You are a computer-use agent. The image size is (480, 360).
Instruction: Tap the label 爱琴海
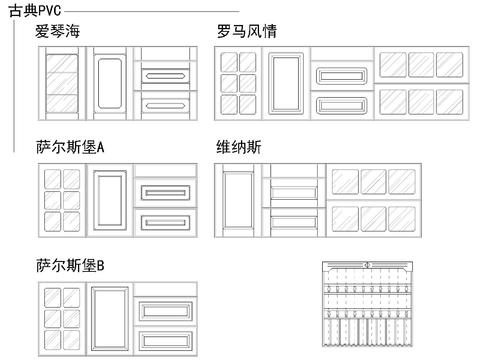[x=58, y=32]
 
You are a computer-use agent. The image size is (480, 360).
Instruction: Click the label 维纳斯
[x=239, y=148]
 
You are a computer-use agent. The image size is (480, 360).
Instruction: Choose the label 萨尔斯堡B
[x=69, y=266]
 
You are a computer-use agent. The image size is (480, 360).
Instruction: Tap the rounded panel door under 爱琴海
[x=110, y=82]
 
